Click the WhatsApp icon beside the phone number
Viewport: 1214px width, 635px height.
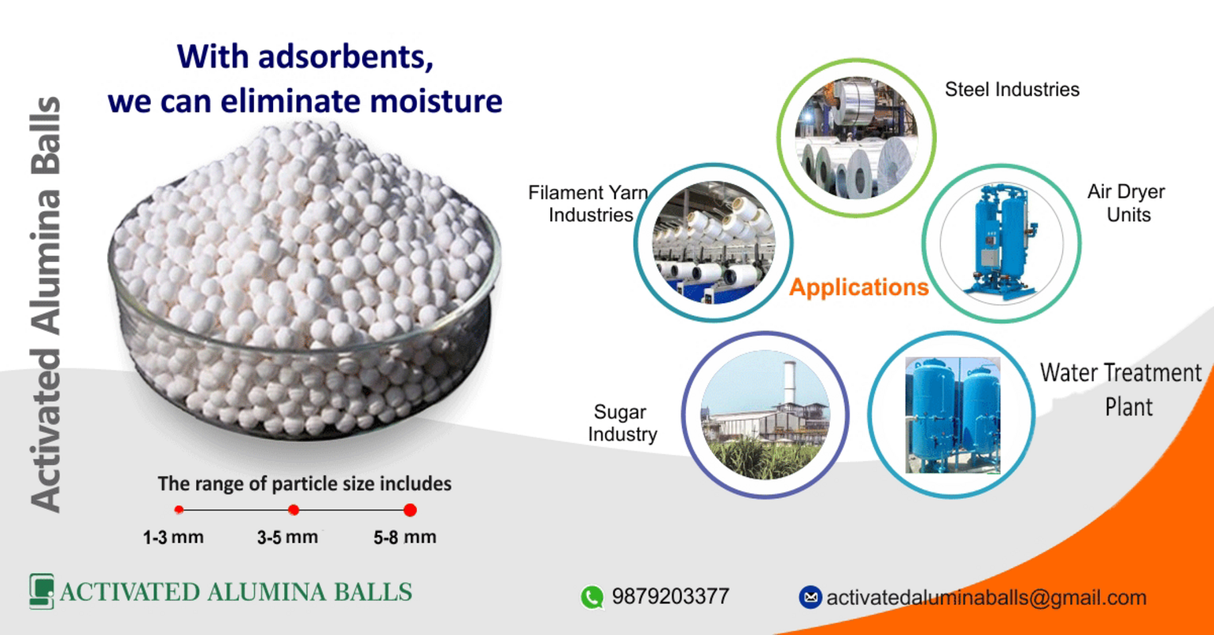(592, 597)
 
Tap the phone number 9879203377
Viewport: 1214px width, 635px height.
(670, 597)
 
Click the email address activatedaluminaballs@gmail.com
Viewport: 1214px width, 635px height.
(986, 598)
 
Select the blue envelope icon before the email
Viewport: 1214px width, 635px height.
(810, 598)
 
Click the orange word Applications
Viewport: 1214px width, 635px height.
(858, 287)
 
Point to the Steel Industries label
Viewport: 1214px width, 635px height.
(1012, 90)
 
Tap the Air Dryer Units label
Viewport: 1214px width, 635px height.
(1126, 203)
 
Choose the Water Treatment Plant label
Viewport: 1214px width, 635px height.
(1121, 389)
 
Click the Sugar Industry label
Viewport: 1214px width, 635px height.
(622, 423)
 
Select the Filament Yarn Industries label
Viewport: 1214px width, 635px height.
(588, 204)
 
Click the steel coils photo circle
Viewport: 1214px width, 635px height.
(856, 138)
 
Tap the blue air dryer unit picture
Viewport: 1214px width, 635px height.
(1001, 243)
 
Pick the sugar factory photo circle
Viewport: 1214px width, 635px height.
(765, 415)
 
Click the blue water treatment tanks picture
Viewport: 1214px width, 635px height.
(952, 415)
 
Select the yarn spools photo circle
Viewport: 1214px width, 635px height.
(713, 243)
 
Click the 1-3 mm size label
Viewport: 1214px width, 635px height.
(173, 537)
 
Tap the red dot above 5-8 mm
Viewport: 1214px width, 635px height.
(410, 510)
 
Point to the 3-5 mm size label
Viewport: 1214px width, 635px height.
(287, 537)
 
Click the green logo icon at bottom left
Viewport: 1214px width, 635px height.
(41, 591)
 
